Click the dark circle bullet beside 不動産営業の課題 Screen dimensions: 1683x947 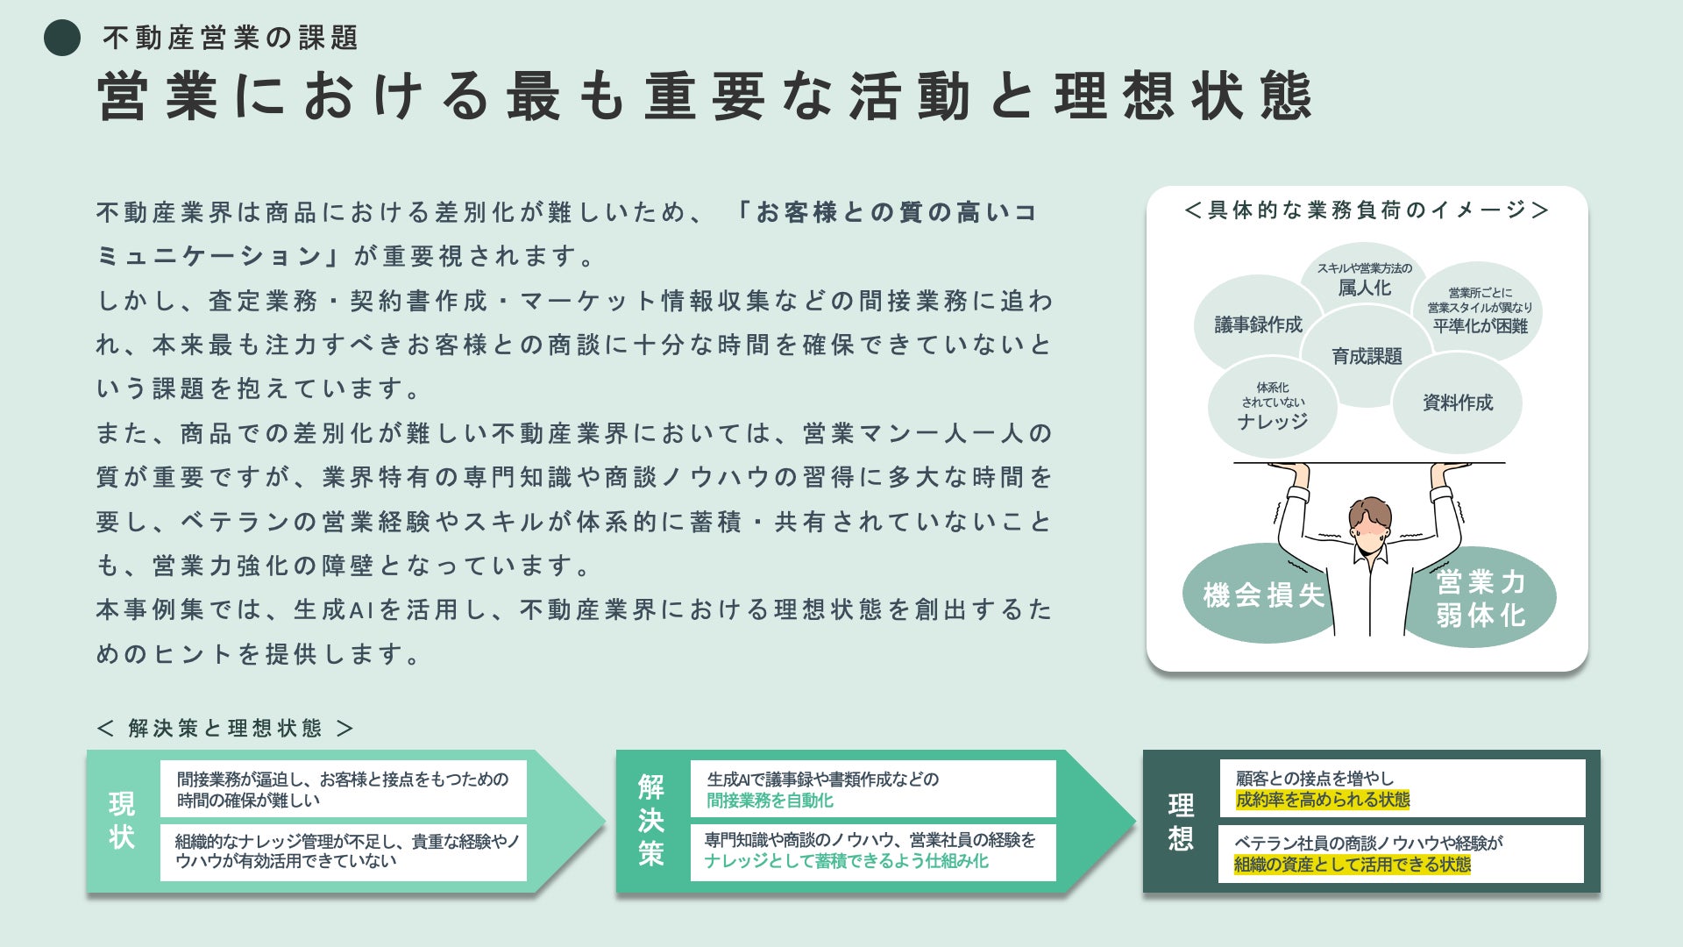click(x=62, y=38)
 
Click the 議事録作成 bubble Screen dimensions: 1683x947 click(x=1258, y=324)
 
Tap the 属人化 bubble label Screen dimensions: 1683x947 click(x=1364, y=288)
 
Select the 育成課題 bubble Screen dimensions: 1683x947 click(x=1367, y=356)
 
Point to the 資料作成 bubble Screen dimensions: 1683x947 click(x=1457, y=402)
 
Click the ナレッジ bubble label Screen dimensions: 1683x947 click(x=1273, y=422)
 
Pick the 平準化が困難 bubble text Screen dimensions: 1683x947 click(x=1480, y=326)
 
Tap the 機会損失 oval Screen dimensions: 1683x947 click(x=1263, y=595)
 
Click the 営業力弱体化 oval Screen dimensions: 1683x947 click(x=1481, y=598)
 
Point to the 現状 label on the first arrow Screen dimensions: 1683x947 click(x=122, y=821)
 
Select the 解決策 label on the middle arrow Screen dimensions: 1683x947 click(x=651, y=821)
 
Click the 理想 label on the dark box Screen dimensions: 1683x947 click(x=1181, y=822)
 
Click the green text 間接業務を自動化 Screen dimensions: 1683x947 click(x=770, y=801)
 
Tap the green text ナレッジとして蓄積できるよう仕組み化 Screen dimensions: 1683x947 click(x=846, y=861)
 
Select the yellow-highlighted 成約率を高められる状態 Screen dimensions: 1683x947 click(x=1323, y=800)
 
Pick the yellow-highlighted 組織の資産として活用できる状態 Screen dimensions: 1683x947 click(x=1353, y=865)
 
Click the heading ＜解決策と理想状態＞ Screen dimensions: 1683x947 click(x=225, y=728)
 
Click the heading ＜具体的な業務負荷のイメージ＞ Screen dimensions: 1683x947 click(x=1367, y=210)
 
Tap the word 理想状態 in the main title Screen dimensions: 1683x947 click(x=1183, y=96)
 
